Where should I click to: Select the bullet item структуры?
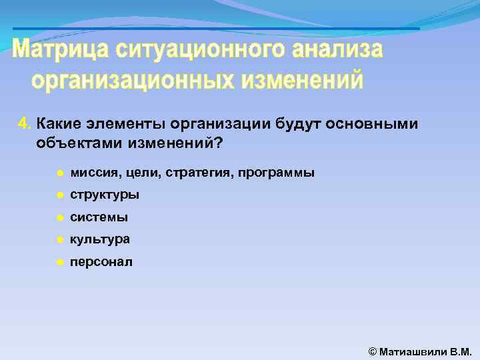[105, 195]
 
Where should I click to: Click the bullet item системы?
[99, 217]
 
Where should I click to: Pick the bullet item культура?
[100, 239]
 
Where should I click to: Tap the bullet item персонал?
[101, 262]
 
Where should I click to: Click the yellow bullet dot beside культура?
[59, 240]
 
